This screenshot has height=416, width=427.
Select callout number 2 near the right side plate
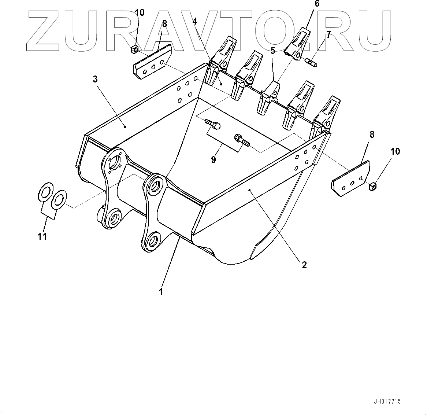[304, 265]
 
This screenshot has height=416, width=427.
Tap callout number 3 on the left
[95, 79]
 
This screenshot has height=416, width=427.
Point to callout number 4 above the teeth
[194, 21]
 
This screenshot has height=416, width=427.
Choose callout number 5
[273, 50]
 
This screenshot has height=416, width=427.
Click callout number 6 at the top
[317, 4]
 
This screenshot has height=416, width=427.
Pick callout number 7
[328, 35]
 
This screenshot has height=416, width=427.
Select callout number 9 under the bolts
[213, 159]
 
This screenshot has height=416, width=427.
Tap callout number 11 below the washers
[42, 236]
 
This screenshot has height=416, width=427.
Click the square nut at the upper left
[134, 49]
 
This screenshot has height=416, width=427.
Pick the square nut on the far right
[373, 186]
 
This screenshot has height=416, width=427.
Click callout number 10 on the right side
[395, 151]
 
